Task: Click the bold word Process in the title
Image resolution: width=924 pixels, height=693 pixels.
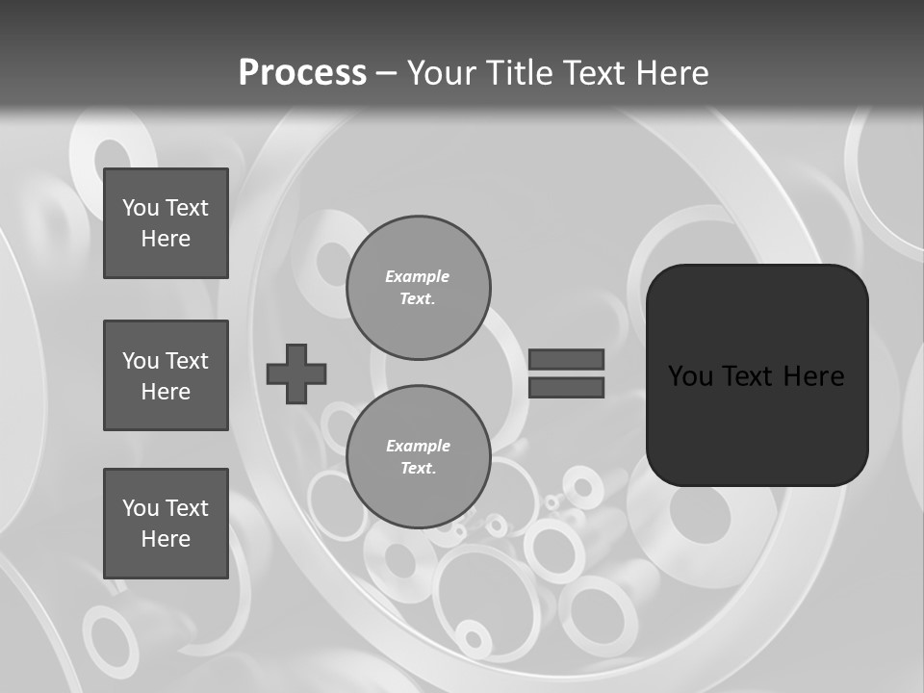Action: coord(302,73)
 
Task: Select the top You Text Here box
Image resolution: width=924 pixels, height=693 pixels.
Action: coord(166,223)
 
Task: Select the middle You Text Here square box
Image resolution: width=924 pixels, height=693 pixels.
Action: coord(166,375)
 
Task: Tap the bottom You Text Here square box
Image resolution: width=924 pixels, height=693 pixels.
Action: coord(166,524)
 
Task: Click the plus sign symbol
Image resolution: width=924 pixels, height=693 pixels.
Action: coord(296,373)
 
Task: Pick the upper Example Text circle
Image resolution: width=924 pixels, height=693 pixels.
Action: coord(419,288)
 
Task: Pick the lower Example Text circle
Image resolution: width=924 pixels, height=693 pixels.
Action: coord(419,457)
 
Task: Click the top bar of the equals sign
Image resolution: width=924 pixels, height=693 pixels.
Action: coord(566,359)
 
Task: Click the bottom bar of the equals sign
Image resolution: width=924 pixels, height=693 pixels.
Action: coord(566,388)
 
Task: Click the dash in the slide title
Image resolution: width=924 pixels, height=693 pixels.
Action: coord(386,74)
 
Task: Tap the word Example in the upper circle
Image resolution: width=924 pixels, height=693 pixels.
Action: coord(418,276)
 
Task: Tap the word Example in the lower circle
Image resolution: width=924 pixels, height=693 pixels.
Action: coord(418,446)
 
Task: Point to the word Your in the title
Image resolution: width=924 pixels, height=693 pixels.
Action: coord(441,73)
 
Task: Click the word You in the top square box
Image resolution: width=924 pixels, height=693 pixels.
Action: coord(141,208)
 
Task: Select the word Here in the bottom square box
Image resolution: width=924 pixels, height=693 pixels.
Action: coord(166,539)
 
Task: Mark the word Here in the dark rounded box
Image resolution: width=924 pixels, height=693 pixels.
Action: coord(814,376)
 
